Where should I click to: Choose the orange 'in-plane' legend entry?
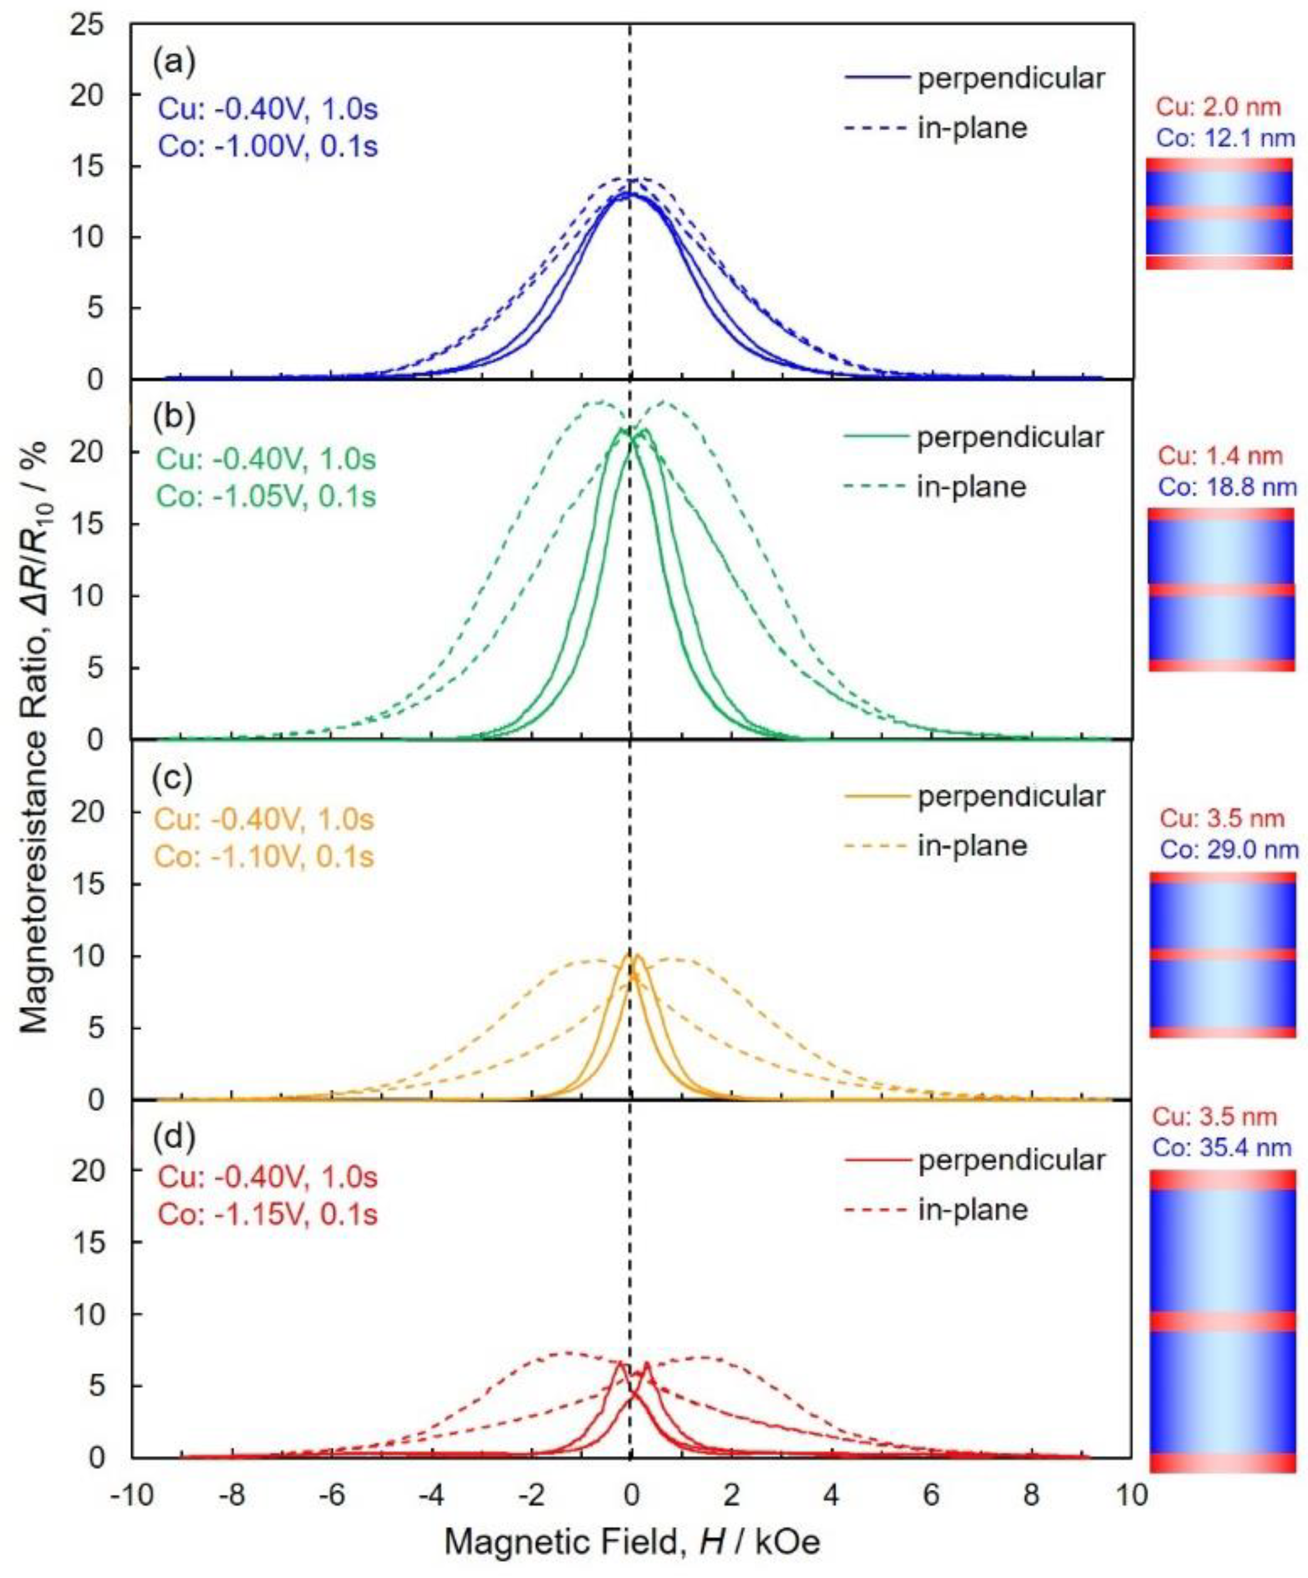pyautogui.click(x=973, y=846)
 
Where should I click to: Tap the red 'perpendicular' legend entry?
pyautogui.click(x=973, y=1161)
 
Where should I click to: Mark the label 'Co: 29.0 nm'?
pyautogui.click(x=1228, y=850)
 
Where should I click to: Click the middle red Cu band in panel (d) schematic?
pyautogui.click(x=1223, y=1322)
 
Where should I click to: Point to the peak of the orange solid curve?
pyautogui.click(x=637, y=955)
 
